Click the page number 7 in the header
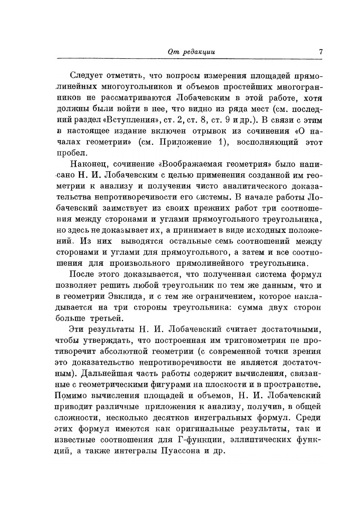[x=321, y=52]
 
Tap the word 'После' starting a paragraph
[x=82, y=274]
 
